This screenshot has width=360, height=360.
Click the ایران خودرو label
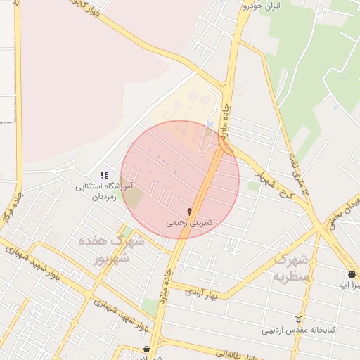click(261, 6)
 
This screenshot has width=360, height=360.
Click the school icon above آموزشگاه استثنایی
click(104, 175)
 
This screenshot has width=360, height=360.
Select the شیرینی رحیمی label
click(189, 222)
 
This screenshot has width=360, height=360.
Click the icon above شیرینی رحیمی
click(189, 211)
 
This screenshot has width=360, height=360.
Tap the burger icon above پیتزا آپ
click(352, 274)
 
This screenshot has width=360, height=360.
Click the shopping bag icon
click(146, 349)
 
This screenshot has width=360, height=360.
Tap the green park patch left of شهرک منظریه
click(253, 186)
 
